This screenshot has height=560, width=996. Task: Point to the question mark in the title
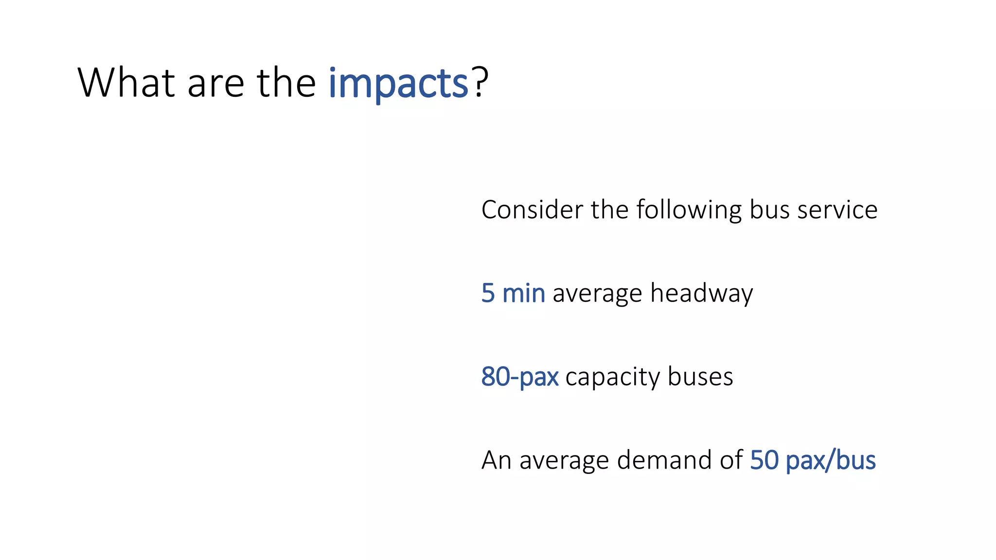coord(480,83)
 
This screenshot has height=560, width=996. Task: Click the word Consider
coord(532,210)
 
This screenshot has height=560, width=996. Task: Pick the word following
coord(689,211)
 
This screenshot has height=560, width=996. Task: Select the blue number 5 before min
coord(488,294)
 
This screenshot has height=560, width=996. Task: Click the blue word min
coord(523,294)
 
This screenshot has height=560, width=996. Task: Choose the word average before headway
coord(597,295)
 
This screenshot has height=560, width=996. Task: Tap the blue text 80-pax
coord(519,377)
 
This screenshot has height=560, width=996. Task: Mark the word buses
coord(700,377)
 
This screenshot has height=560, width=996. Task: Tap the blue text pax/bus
coord(831,461)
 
